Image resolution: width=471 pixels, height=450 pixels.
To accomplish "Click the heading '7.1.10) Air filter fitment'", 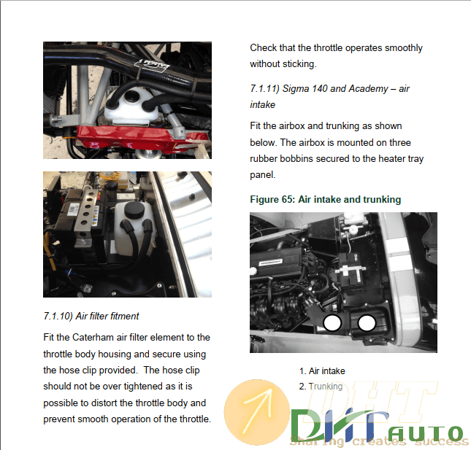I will tap(91, 316).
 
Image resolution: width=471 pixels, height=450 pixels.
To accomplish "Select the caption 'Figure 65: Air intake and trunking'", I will tap(325, 199).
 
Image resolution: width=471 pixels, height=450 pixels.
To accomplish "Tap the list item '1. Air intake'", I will tap(322, 371).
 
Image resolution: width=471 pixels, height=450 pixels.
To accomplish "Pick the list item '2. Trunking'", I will tap(321, 387).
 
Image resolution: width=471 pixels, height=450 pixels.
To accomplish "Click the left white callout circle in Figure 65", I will tap(332, 323).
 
